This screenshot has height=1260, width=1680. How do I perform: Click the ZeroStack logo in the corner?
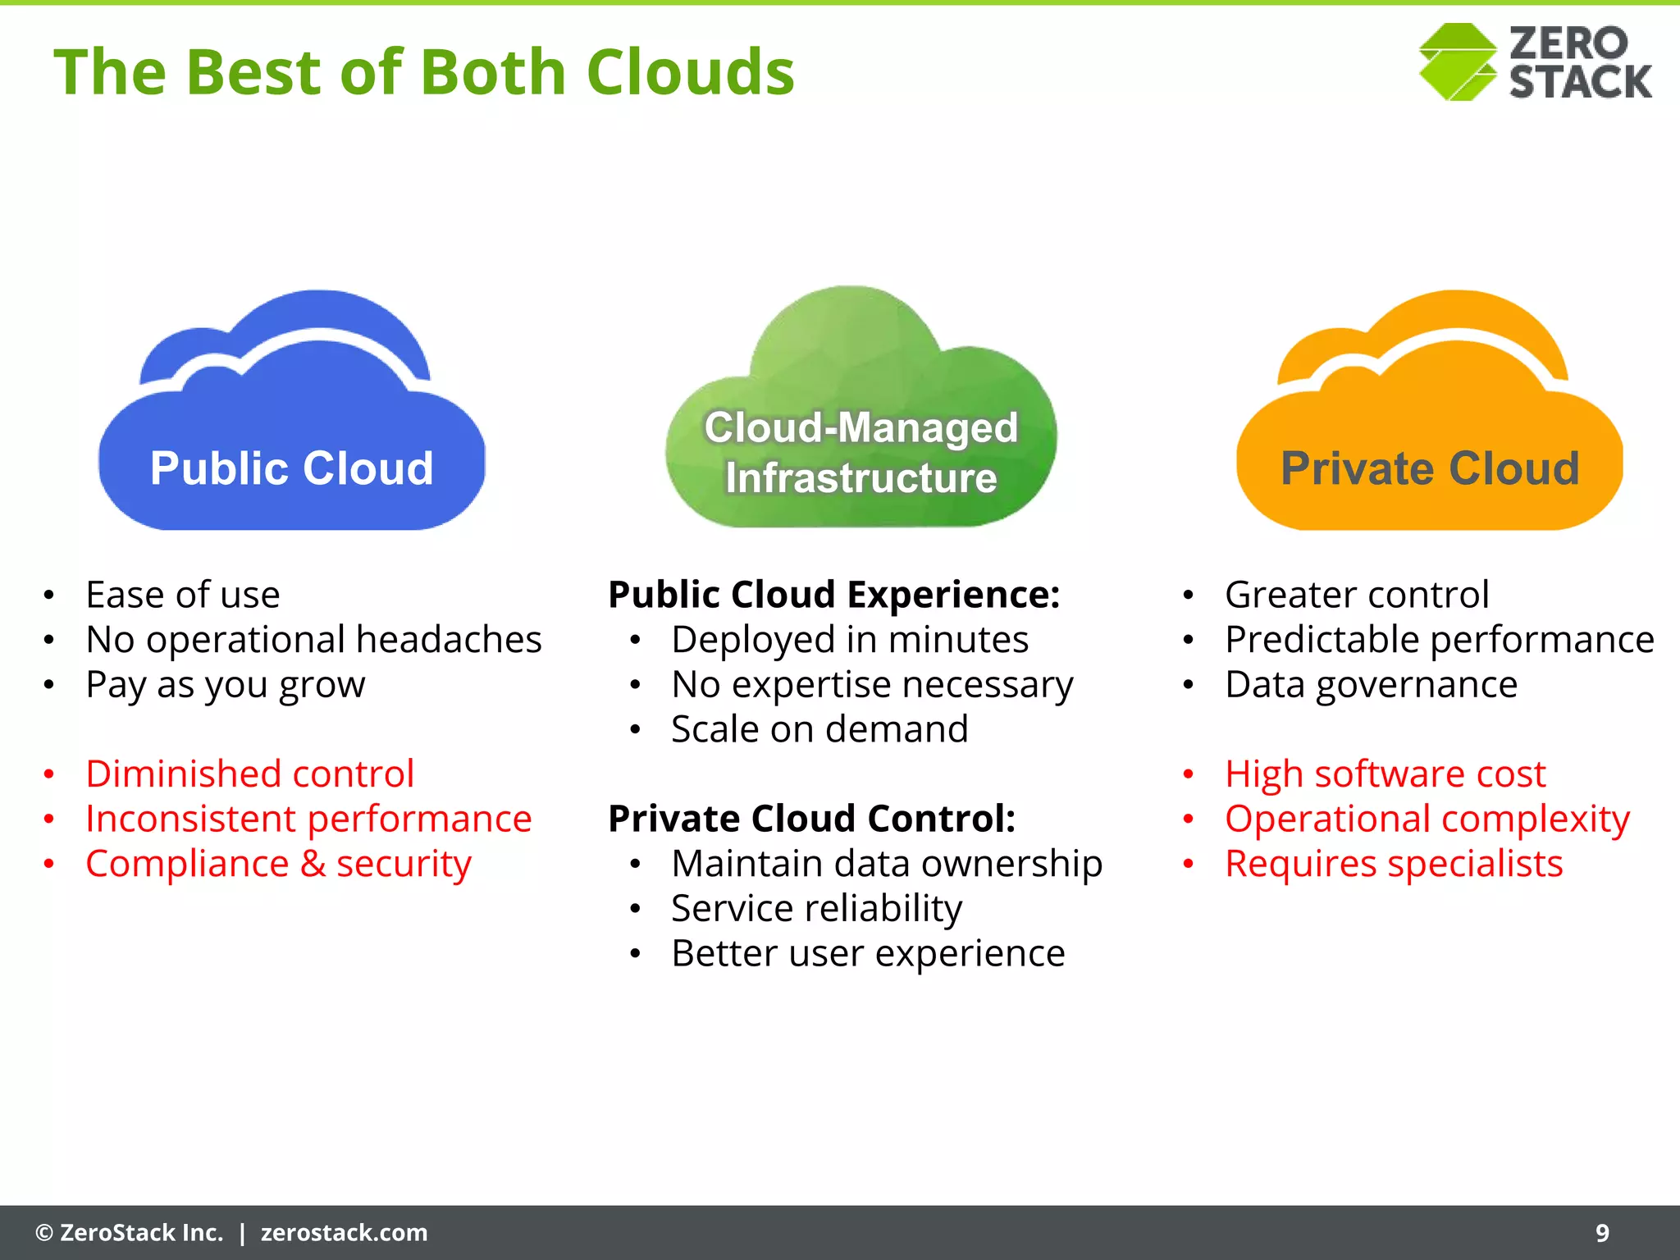[x=1534, y=62]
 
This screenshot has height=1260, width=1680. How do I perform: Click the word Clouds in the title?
[x=690, y=72]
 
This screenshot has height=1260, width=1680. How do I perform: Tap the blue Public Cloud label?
[x=291, y=468]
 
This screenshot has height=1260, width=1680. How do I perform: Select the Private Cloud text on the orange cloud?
[x=1430, y=468]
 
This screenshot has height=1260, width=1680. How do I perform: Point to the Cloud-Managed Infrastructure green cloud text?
[x=861, y=452]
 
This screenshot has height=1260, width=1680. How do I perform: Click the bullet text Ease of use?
[x=183, y=595]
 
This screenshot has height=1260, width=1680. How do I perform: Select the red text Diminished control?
[x=249, y=774]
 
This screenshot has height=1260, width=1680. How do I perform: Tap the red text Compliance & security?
[x=278, y=864]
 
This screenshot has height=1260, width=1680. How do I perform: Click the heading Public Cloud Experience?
[x=833, y=595]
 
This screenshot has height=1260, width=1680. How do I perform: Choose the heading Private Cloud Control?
[x=811, y=819]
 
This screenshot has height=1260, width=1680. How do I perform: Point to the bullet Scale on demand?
[x=819, y=729]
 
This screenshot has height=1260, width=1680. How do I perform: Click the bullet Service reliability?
[x=816, y=908]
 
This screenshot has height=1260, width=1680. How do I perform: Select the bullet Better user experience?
[x=867, y=953]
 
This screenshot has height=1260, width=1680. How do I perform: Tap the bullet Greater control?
[x=1356, y=595]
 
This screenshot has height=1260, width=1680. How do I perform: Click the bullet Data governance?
[x=1370, y=684]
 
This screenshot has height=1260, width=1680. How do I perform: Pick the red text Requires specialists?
[x=1393, y=864]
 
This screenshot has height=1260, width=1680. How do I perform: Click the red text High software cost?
[x=1385, y=774]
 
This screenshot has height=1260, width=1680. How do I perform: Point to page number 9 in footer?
[x=1601, y=1233]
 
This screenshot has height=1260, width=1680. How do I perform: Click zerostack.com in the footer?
[x=344, y=1233]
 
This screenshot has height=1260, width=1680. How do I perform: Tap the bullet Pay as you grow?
[x=225, y=684]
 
